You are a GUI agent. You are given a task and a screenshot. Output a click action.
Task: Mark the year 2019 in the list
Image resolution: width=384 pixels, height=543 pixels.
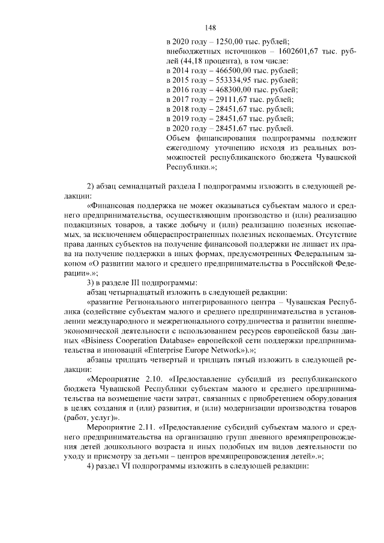coord(183,118)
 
